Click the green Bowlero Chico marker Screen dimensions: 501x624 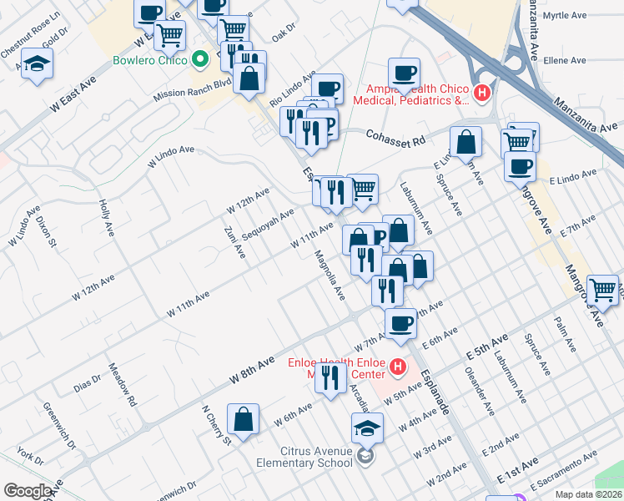199,60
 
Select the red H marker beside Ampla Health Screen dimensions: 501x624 481,94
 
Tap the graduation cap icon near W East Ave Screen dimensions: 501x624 37,64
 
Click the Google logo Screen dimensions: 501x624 28,490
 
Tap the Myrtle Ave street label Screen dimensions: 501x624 565,16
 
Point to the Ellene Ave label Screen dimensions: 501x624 565,61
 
